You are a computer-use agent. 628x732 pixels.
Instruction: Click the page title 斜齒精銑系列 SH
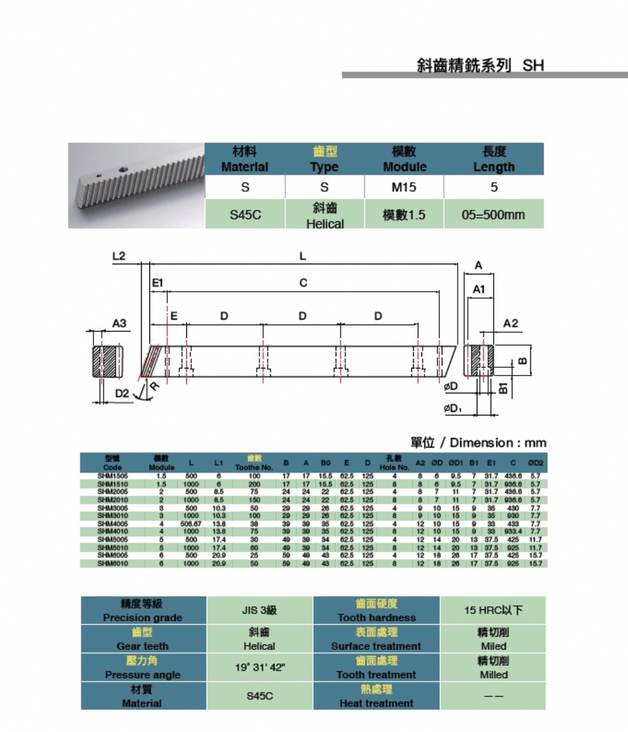[x=480, y=65]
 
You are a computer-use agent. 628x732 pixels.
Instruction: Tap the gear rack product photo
[x=136, y=185]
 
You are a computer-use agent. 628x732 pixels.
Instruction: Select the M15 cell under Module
[x=404, y=187]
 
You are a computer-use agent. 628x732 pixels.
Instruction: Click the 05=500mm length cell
[x=494, y=214]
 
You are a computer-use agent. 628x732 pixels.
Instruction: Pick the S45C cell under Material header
[x=245, y=215]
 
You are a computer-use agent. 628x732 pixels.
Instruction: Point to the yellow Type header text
[x=324, y=159]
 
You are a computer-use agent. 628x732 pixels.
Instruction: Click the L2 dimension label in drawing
[x=118, y=256]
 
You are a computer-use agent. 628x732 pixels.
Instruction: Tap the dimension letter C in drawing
[x=303, y=283]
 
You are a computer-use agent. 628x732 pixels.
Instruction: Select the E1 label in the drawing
[x=158, y=283]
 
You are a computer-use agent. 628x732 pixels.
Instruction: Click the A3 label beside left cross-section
[x=119, y=323]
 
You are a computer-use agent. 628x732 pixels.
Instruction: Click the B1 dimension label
[x=503, y=387]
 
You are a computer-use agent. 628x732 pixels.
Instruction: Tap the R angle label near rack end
[x=153, y=386]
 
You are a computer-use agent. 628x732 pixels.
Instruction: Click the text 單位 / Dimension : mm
[x=477, y=443]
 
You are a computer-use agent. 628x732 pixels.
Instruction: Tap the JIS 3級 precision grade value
[x=259, y=610]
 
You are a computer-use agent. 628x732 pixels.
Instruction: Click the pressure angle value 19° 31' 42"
[x=259, y=667]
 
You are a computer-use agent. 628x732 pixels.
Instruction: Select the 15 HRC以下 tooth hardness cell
[x=493, y=610]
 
